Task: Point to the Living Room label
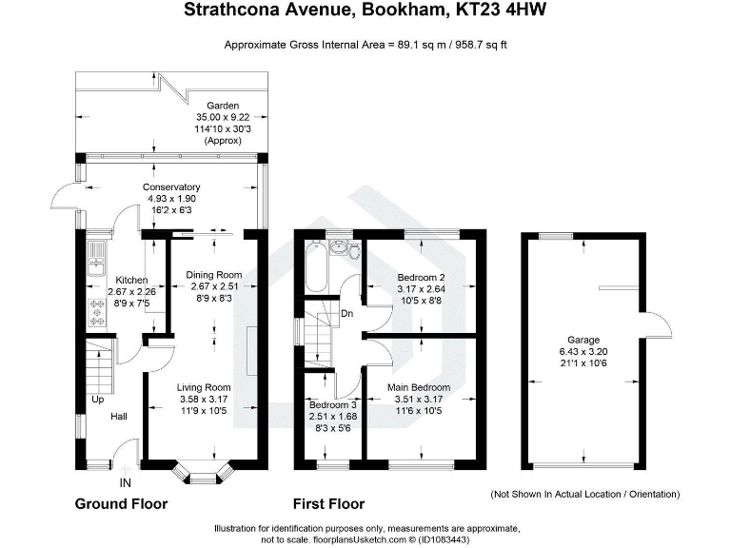tap(204, 387)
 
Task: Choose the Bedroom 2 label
tap(421, 279)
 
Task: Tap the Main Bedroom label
tap(419, 388)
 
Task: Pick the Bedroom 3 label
tap(333, 404)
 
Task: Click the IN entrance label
tap(126, 483)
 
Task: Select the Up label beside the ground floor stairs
tap(97, 401)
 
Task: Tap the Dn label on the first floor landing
tap(348, 312)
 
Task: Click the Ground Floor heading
tap(121, 504)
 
